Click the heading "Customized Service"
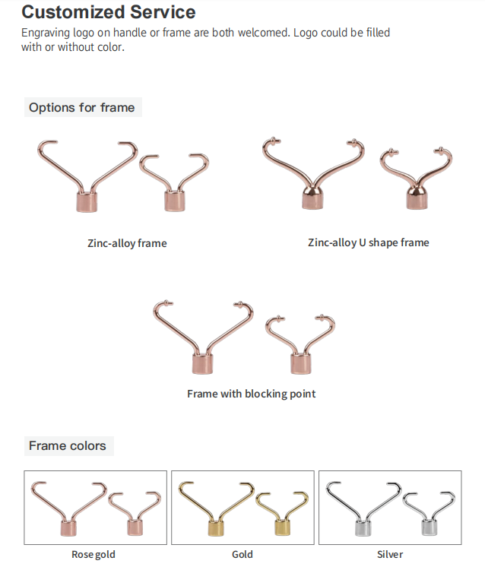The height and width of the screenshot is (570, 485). [x=109, y=12]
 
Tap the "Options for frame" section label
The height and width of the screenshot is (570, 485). [x=82, y=108]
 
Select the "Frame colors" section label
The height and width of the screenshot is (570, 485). [x=68, y=445]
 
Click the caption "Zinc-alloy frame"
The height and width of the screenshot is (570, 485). [x=127, y=243]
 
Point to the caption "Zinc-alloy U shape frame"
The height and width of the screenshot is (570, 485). [x=368, y=242]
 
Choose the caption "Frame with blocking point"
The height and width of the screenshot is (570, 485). [x=251, y=394]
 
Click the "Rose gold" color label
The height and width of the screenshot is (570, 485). [x=94, y=554]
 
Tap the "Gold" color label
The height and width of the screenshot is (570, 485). [x=242, y=554]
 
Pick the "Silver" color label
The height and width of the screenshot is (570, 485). [x=390, y=554]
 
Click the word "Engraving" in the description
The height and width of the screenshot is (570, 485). [x=46, y=33]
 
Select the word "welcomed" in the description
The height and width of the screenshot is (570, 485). [x=264, y=33]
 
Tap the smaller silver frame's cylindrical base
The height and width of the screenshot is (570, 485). [x=430, y=527]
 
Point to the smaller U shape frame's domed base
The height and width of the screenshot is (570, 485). [x=417, y=198]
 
